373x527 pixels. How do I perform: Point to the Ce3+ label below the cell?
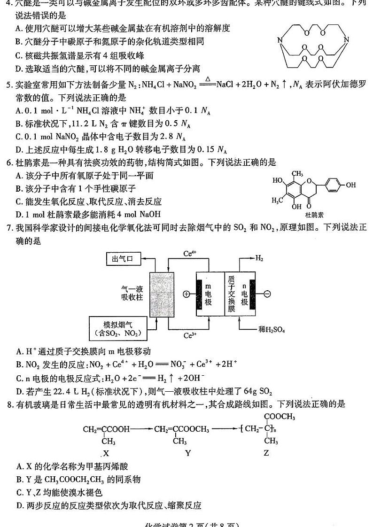point(189,335)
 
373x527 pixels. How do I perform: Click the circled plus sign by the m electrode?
point(186,294)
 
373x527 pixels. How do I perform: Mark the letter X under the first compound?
point(106,453)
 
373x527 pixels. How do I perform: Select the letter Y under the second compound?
point(188,453)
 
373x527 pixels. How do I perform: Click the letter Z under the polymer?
point(266,453)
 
